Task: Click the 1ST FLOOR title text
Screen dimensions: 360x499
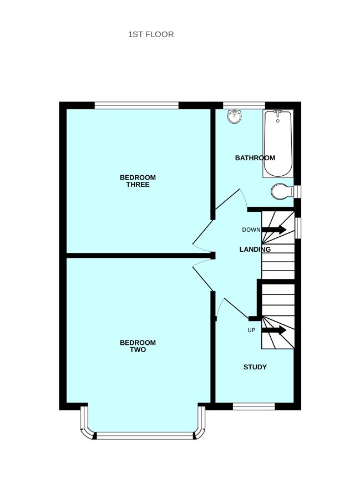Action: [151, 34]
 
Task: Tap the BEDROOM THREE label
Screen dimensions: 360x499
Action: [138, 181]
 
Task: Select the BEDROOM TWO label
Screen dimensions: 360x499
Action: [138, 346]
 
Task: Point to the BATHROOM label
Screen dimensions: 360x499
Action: [255, 158]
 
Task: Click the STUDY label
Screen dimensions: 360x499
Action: [255, 367]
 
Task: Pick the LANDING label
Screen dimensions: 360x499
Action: [255, 249]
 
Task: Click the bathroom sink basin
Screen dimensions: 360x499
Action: [235, 116]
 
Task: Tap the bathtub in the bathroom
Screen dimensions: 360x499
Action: [278, 143]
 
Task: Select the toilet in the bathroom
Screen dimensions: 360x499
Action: [282, 192]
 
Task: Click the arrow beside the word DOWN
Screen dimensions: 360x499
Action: [274, 229]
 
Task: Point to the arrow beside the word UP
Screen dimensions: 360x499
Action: [274, 330]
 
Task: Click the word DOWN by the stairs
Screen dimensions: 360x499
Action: [251, 230]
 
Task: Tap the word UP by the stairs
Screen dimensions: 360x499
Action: [251, 330]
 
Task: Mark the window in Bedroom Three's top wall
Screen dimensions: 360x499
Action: [136, 105]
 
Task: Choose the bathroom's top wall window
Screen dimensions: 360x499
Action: [244, 105]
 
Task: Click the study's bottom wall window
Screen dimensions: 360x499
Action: [254, 406]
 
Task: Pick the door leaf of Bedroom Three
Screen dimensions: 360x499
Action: [202, 232]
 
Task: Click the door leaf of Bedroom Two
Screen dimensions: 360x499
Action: [202, 279]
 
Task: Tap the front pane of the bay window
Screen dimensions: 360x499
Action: [145, 436]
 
